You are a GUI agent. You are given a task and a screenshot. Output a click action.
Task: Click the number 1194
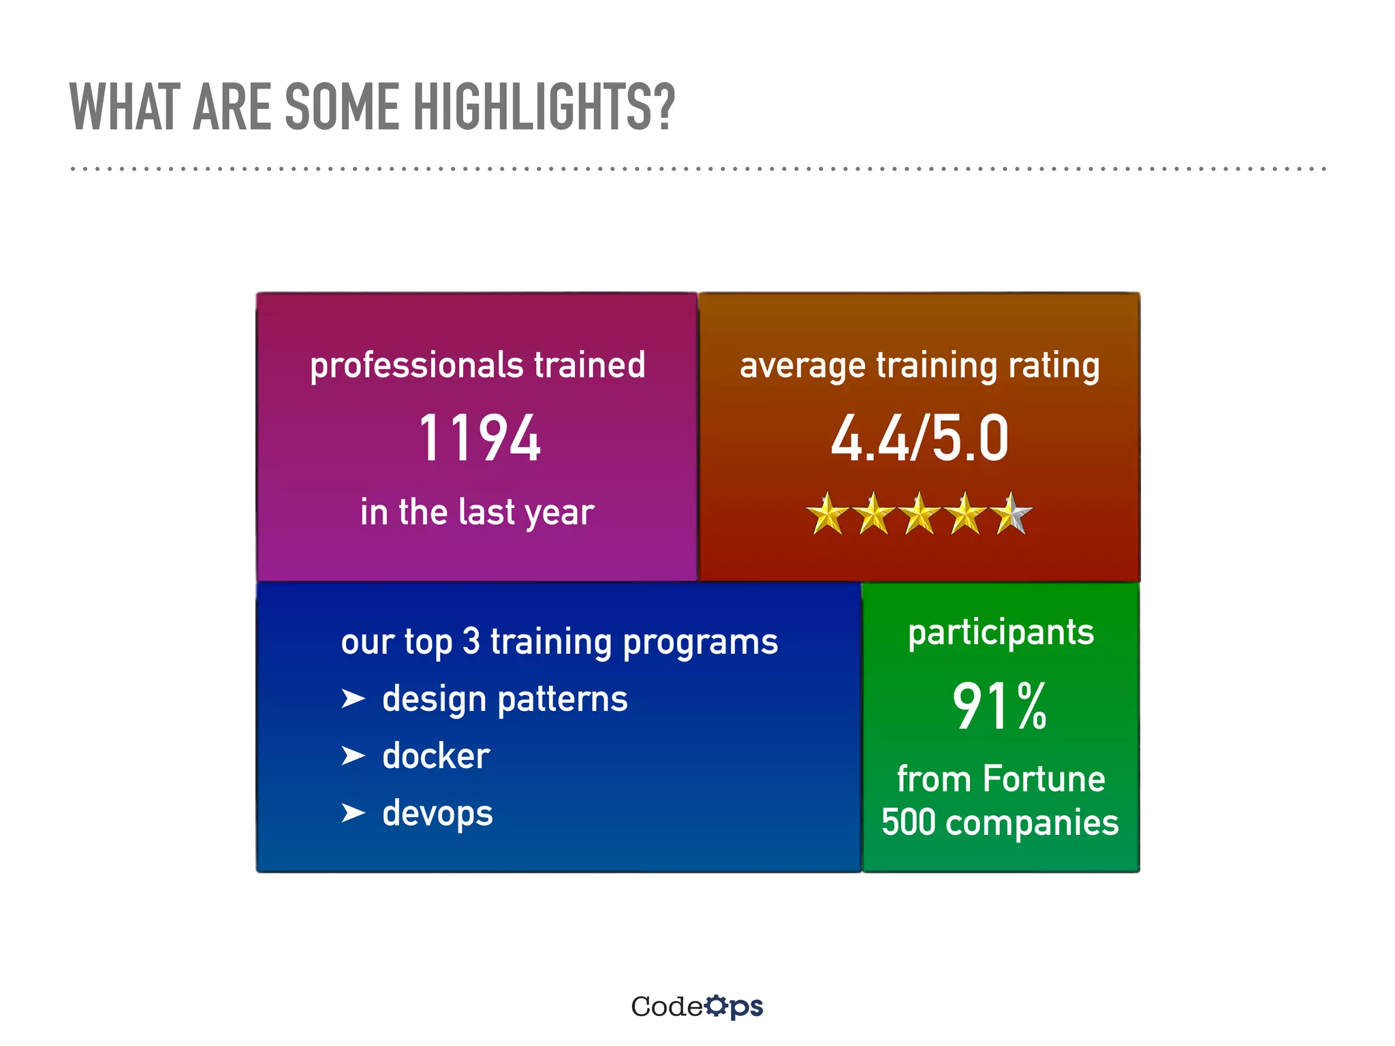pyautogui.click(x=480, y=439)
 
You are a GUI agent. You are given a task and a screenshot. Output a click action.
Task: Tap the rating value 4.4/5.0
pyautogui.click(x=919, y=439)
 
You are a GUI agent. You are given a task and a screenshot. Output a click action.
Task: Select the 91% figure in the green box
pyautogui.click(x=999, y=707)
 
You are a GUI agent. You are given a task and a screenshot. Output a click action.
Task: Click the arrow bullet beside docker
pyautogui.click(x=353, y=756)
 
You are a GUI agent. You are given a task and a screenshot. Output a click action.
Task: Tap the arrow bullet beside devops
pyautogui.click(x=353, y=812)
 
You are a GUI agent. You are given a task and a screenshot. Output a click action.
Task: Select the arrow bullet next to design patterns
pyautogui.click(x=353, y=699)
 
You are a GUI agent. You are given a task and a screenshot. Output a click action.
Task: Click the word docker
pyautogui.click(x=436, y=756)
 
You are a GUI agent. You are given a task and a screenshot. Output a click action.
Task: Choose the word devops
pyautogui.click(x=437, y=814)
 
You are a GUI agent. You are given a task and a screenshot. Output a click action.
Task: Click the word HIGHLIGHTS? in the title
pyautogui.click(x=544, y=107)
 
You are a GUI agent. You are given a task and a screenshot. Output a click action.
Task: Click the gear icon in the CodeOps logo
pyautogui.click(x=716, y=1006)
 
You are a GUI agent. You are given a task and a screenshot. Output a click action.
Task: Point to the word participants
pyautogui.click(x=1001, y=633)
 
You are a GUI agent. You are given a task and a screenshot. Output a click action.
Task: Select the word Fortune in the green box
pyautogui.click(x=1044, y=779)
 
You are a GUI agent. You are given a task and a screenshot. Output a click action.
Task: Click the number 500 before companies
pyautogui.click(x=909, y=823)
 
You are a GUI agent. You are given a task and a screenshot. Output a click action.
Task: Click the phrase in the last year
pyautogui.click(x=477, y=512)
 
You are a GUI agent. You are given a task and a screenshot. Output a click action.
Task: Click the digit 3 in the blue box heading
pyautogui.click(x=471, y=641)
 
